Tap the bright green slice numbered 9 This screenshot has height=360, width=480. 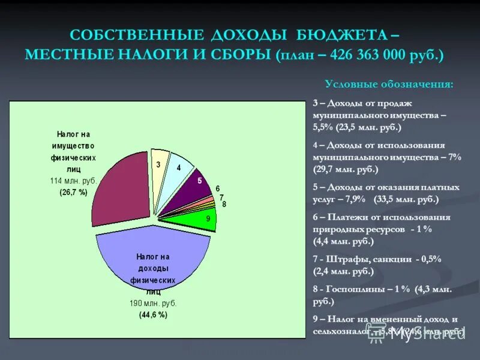pos(198,220)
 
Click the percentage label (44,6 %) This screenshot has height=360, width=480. pos(154,314)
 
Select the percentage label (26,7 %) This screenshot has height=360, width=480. pos(73,193)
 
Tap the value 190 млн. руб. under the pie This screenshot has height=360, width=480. pos(154,303)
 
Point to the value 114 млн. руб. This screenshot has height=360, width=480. pos(73,181)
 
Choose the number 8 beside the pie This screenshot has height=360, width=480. pos(224,205)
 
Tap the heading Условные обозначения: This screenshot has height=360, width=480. pos(389,83)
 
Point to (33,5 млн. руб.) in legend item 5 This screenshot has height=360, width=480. pos(406,199)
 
